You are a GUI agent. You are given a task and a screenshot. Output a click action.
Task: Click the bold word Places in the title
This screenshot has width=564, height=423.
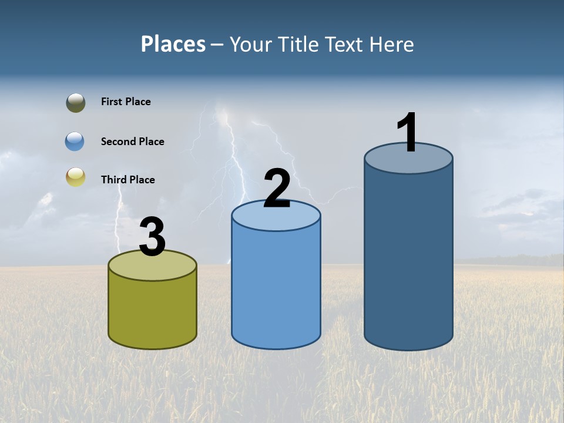coord(173,44)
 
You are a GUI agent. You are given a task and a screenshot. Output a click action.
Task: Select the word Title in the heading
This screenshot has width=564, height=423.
coord(300,45)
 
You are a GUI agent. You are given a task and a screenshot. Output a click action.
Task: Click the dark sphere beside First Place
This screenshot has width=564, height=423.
coord(76,103)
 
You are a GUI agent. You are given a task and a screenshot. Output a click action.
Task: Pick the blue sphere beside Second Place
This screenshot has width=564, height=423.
coord(75,142)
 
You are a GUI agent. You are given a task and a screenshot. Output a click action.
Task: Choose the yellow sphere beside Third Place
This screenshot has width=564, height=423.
coord(76,177)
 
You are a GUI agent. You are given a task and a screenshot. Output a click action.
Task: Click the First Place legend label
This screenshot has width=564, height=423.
coord(126,102)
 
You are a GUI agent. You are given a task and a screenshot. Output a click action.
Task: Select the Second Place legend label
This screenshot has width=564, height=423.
coord(132,142)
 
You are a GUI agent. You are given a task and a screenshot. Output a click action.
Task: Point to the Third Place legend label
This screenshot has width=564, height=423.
coord(127,180)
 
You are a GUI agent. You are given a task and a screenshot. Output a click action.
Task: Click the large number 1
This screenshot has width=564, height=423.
coord(408,132)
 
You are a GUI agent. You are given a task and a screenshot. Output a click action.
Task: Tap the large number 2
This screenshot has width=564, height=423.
coord(277,189)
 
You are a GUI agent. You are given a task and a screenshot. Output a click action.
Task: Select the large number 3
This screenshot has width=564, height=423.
coord(152,237)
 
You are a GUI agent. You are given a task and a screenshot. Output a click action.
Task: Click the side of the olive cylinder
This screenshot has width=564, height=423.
coord(153,311)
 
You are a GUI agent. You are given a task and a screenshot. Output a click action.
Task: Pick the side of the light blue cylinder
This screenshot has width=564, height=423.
coord(276,288)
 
